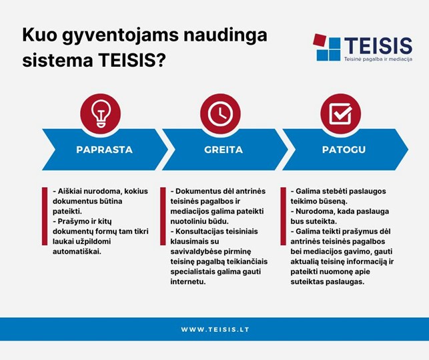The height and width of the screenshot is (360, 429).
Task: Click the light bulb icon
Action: click(x=100, y=114)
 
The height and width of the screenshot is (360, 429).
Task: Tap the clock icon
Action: click(x=220, y=114)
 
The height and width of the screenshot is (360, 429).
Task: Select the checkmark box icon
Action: click(x=341, y=114)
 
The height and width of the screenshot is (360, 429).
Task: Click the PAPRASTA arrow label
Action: click(x=105, y=150)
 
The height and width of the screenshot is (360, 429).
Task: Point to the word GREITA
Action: click(x=224, y=150)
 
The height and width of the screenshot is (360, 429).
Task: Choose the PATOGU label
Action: click(x=344, y=150)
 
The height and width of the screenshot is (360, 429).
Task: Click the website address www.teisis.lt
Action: click(x=215, y=329)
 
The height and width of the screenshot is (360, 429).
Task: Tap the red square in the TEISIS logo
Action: click(x=319, y=41)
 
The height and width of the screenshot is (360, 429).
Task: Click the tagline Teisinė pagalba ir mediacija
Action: click(x=378, y=59)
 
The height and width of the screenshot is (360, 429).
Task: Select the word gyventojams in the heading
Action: click(x=120, y=36)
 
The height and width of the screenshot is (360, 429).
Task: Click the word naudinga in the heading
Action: click(x=226, y=36)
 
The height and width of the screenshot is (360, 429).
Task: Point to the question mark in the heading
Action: click(x=161, y=60)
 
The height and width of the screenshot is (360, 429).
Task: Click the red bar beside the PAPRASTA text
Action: click(x=45, y=216)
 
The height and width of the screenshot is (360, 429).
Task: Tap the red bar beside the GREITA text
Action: click(x=163, y=216)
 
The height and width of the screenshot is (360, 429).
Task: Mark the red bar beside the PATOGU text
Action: click(x=283, y=216)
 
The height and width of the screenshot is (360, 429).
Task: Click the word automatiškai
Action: click(x=77, y=251)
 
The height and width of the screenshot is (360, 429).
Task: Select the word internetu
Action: click(x=188, y=281)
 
